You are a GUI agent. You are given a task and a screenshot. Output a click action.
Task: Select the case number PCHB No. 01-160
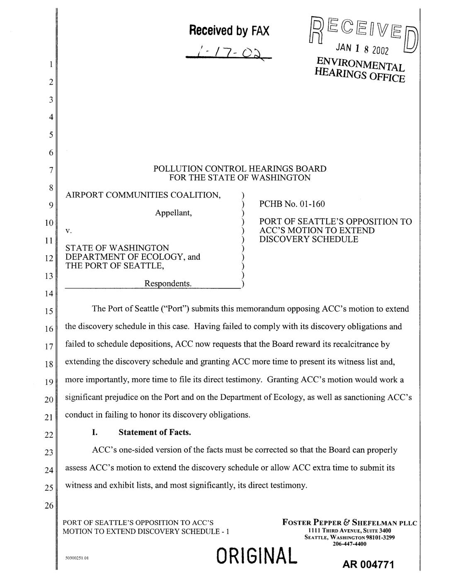coord(292,204)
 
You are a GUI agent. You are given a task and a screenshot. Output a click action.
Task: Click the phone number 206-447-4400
coord(349,544)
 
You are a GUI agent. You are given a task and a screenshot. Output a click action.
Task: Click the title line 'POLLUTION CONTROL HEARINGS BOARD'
coord(240,169)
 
